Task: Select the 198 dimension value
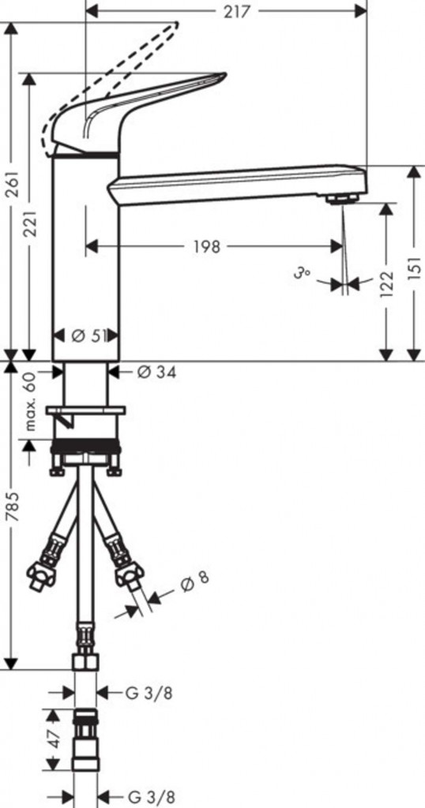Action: pyautogui.click(x=207, y=247)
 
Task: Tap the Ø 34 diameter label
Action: pyautogui.click(x=156, y=372)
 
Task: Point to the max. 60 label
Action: pyautogui.click(x=32, y=402)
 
